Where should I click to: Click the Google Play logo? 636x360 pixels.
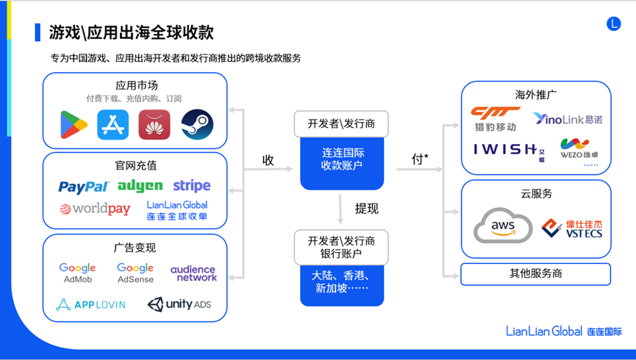click(x=74, y=125)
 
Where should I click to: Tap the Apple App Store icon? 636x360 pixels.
click(x=112, y=125)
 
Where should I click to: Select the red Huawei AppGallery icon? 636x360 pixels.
click(x=154, y=125)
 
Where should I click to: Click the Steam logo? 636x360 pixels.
click(x=196, y=125)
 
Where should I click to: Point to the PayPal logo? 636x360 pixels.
click(x=84, y=187)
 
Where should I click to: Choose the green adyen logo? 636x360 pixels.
click(x=140, y=185)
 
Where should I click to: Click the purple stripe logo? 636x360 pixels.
click(x=191, y=185)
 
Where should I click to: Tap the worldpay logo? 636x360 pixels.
click(x=95, y=209)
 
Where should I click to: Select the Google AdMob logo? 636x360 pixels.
click(x=78, y=273)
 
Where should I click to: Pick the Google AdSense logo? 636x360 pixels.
click(x=135, y=273)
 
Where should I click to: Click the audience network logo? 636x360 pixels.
click(x=193, y=273)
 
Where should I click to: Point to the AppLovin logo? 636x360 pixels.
click(x=90, y=304)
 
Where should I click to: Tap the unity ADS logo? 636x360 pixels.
click(x=179, y=304)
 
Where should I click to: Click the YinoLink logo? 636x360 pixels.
click(x=568, y=119)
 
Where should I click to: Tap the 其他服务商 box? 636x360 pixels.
click(x=535, y=274)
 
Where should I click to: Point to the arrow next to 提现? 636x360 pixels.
click(x=341, y=209)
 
